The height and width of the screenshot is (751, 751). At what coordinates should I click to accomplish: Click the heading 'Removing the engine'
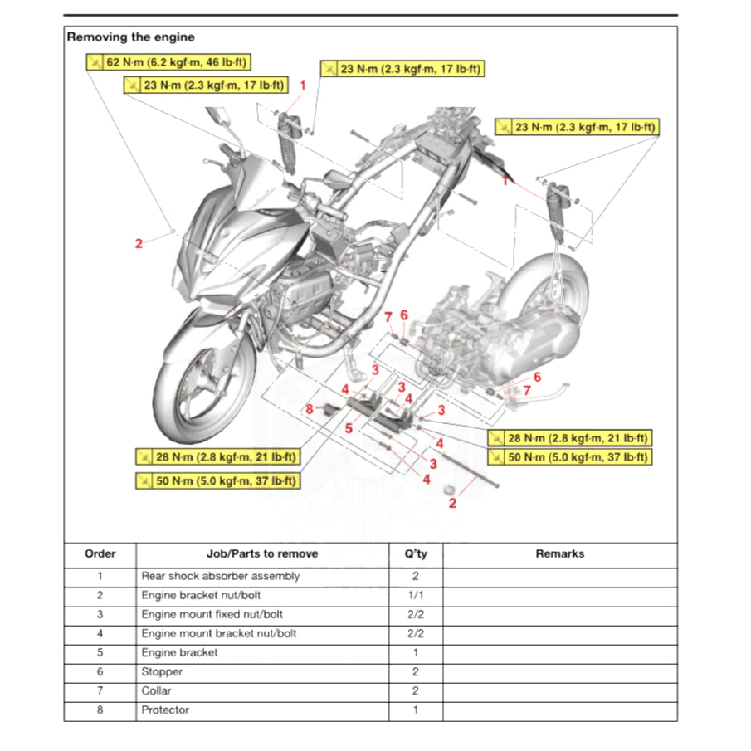point(130,37)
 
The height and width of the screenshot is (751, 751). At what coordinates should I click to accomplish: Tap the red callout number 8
point(309,408)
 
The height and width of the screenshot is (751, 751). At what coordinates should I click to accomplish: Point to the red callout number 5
point(349,428)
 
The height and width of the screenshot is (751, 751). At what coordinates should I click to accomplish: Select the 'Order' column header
point(100,553)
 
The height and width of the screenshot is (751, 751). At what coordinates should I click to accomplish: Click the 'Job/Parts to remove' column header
point(262,553)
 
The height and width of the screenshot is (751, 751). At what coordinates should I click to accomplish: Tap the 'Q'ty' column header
point(415,553)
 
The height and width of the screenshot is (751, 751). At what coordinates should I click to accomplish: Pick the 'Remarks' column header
point(559,553)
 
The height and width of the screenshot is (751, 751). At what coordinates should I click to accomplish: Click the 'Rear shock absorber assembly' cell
point(221,576)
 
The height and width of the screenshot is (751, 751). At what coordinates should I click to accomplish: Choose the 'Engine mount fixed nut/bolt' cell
point(212,614)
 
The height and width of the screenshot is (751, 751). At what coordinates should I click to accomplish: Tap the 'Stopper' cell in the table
point(162,671)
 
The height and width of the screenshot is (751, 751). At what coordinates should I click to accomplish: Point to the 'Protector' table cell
point(165,710)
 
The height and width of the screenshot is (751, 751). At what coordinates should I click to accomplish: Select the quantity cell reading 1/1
point(415,595)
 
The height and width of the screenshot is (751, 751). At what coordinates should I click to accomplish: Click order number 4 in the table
point(100,633)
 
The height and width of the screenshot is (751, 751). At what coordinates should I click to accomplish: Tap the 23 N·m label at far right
point(577,127)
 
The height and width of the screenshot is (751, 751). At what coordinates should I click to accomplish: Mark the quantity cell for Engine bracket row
point(415,652)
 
